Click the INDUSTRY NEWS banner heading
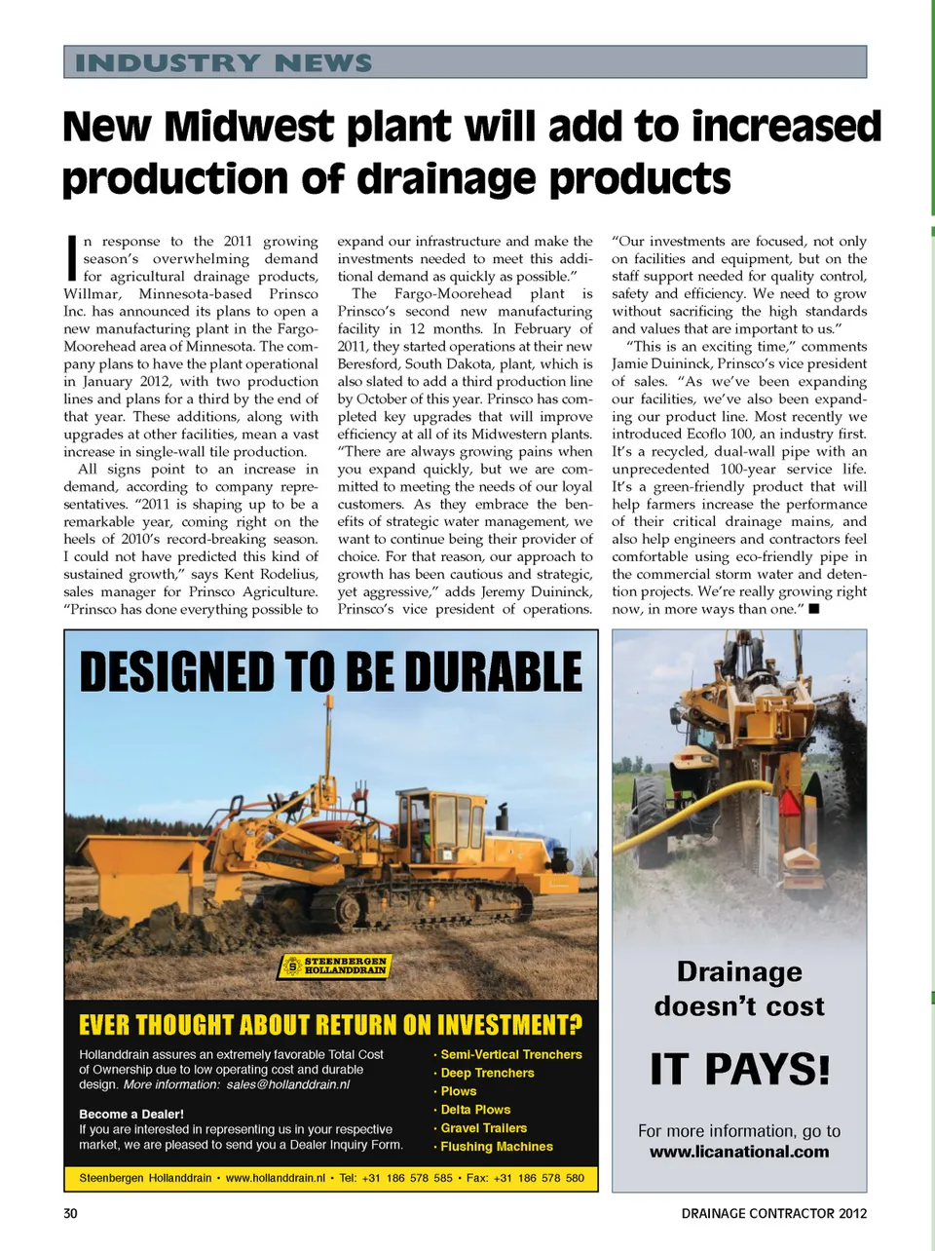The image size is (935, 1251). pos(224,63)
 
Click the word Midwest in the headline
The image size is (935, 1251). pos(248,128)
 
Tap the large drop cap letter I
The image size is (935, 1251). pos(70,255)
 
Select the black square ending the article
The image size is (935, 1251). pos(814,609)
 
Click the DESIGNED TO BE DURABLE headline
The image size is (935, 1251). pos(331,672)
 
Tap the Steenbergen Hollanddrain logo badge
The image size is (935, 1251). pos(335,966)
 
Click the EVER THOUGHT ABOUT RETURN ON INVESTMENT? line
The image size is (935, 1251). pos(330,1025)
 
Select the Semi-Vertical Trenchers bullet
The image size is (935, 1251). pos(510,1054)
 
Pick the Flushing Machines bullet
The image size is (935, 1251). pos(496,1147)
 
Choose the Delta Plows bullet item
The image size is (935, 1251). pos(475,1110)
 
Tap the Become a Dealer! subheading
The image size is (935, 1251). pos(131,1114)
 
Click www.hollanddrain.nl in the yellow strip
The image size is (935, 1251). pos(275,1178)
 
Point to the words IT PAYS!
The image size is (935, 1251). pos(739,1069)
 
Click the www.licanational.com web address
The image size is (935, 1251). pos(739,1152)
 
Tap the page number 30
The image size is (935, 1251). pos(70,1213)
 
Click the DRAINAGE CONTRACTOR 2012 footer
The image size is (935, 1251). pos(773,1213)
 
